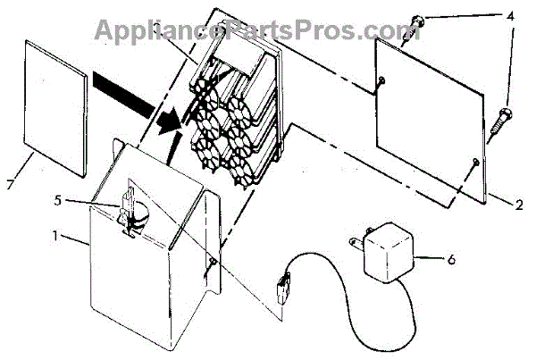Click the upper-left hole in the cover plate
point(381,81)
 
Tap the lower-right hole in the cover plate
point(474,162)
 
